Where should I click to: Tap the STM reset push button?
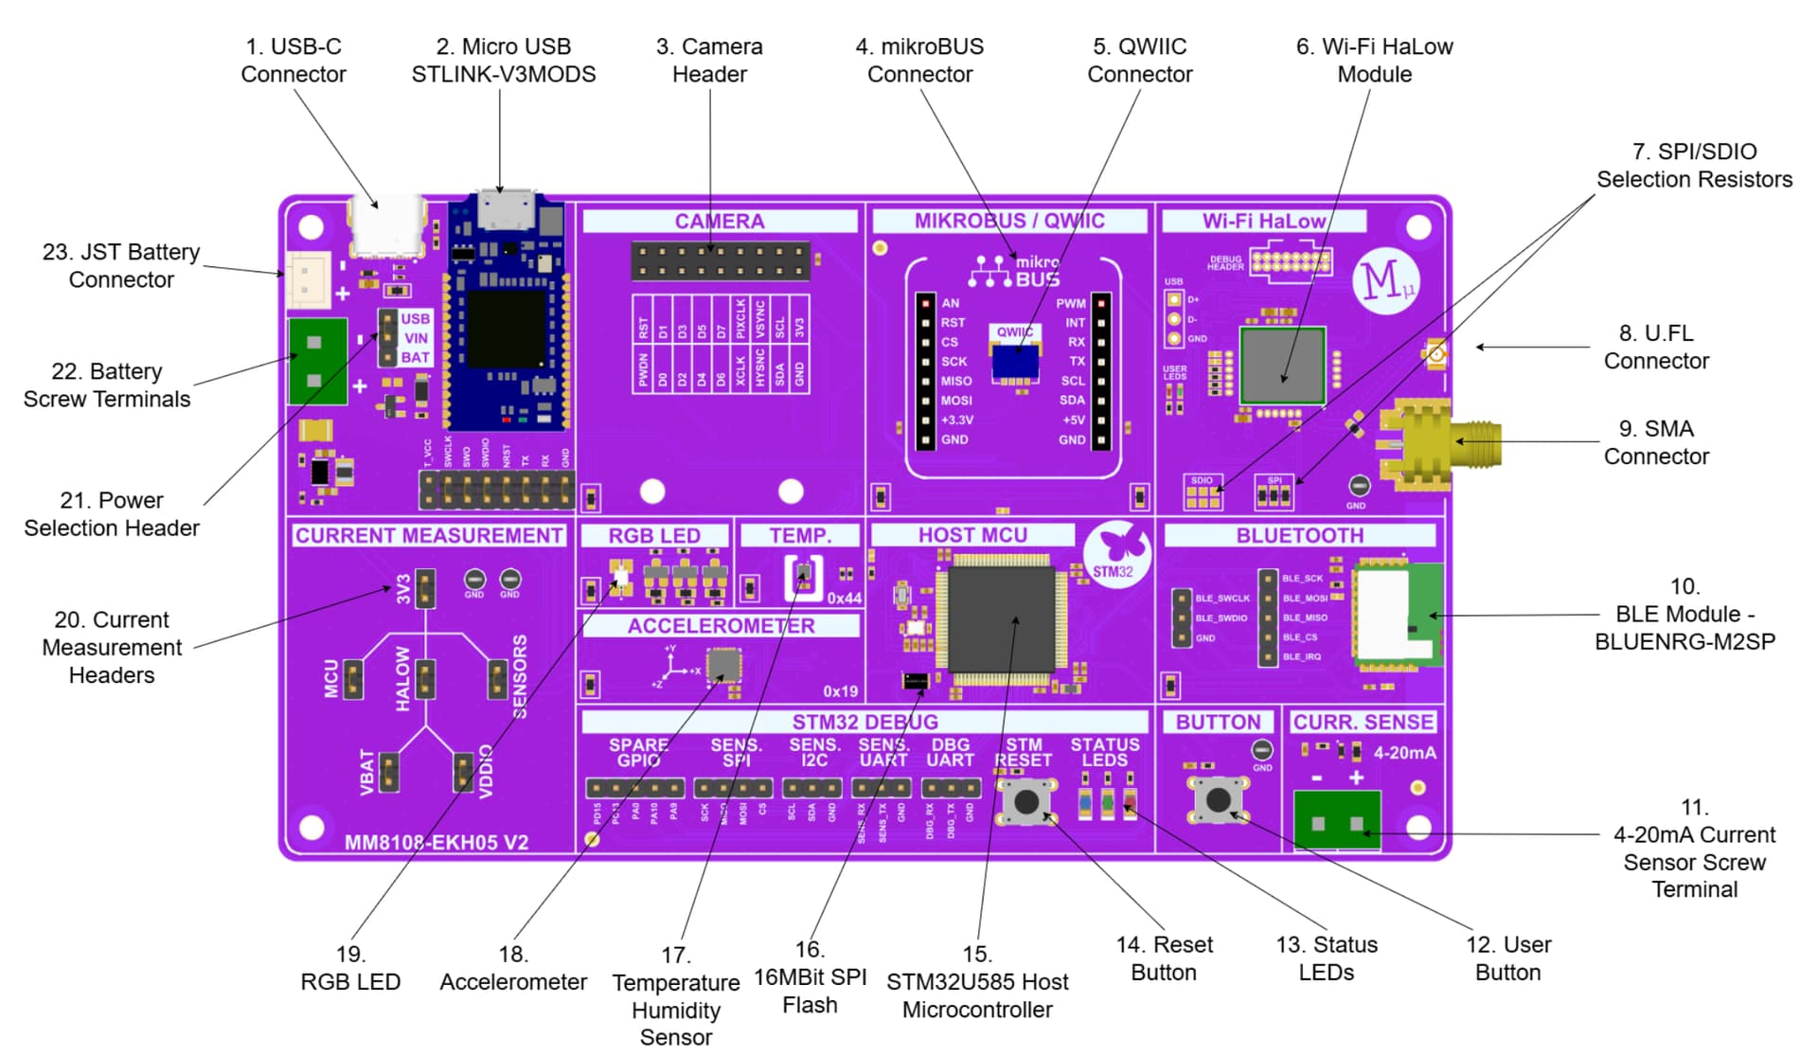coord(1026,801)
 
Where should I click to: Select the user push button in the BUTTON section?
coord(1219,799)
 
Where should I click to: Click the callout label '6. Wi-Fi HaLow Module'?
coord(1374,60)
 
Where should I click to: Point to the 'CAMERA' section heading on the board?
coord(719,222)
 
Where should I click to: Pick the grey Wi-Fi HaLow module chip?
coord(1282,366)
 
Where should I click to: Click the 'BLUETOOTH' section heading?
coord(1299,535)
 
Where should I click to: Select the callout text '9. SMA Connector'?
coord(1656,442)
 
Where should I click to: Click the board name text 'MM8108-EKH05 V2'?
coord(437,842)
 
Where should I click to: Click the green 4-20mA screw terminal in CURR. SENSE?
coord(1337,820)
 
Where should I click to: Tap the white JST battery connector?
coord(308,279)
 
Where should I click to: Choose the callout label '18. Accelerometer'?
coord(513,968)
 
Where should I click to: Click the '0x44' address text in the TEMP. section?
coord(844,599)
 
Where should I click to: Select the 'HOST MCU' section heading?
coord(972,535)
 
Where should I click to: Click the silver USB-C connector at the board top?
coord(387,228)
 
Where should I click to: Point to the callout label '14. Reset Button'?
coord(1164,958)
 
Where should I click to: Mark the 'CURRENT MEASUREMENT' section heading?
coord(429,535)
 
